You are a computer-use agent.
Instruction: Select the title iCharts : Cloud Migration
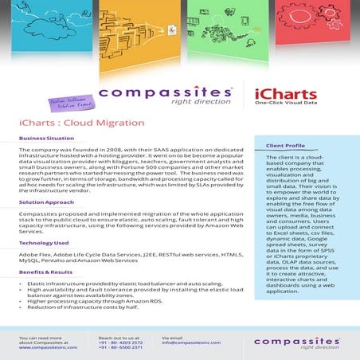[x=70, y=123]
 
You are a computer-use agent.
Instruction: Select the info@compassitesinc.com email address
[x=192, y=343]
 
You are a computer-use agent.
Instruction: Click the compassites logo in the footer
[x=298, y=342]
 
